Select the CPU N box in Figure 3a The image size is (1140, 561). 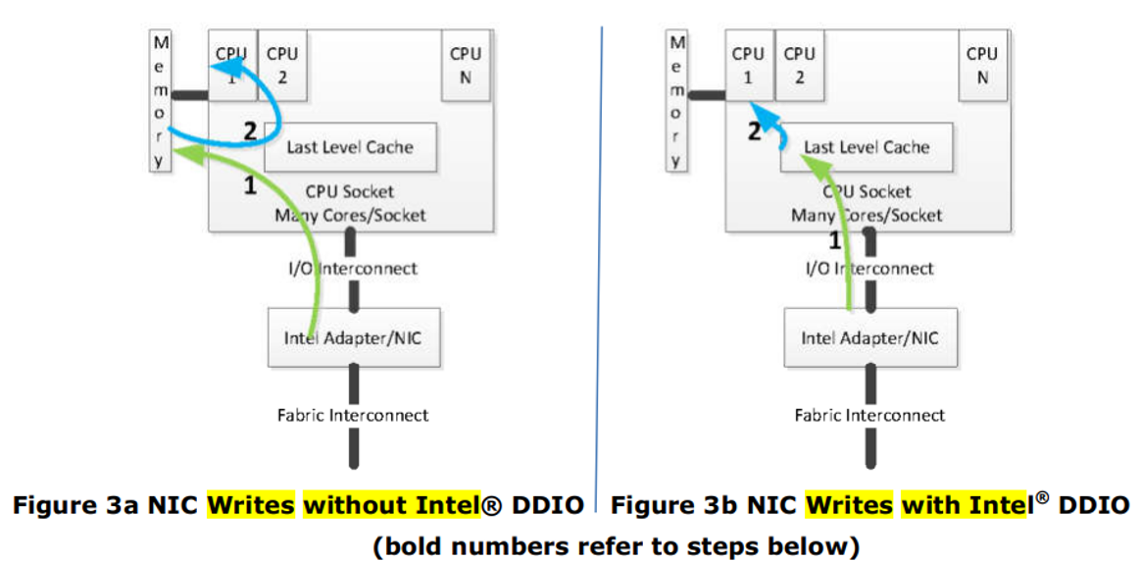click(466, 65)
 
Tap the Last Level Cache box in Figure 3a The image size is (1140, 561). click(350, 147)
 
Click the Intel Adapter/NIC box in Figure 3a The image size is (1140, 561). click(354, 338)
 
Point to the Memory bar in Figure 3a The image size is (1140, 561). click(162, 101)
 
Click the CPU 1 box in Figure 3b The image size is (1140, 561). click(748, 65)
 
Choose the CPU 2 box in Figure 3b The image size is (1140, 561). click(799, 65)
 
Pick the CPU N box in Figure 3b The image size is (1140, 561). click(982, 65)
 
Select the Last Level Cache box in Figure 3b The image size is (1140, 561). click(867, 147)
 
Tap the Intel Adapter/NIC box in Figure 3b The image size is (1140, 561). click(870, 338)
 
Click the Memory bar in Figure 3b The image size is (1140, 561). click(677, 101)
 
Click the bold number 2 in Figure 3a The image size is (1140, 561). click(250, 131)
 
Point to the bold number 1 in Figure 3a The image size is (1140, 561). click(250, 182)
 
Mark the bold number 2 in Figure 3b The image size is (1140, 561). click(754, 131)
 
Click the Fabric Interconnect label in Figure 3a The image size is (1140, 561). click(353, 415)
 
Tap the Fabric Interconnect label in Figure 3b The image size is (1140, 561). click(870, 415)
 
